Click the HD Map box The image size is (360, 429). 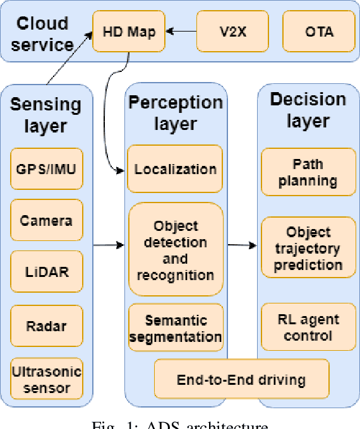point(129,31)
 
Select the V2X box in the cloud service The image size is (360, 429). point(232,31)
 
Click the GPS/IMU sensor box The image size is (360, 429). point(46,168)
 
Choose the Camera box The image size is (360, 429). point(46,221)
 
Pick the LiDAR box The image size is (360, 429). point(46,273)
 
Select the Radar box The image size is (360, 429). point(46,326)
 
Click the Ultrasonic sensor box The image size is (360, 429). point(46,379)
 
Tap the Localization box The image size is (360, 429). point(175,169)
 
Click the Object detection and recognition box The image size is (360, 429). point(175,250)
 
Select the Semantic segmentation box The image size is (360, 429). point(175,329)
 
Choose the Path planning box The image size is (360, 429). point(308,172)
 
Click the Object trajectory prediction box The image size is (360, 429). point(308,249)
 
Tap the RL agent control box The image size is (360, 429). point(308,327)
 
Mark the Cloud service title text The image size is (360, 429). point(43,34)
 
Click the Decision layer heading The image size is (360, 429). point(308,109)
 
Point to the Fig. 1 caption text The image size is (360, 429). point(181,425)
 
